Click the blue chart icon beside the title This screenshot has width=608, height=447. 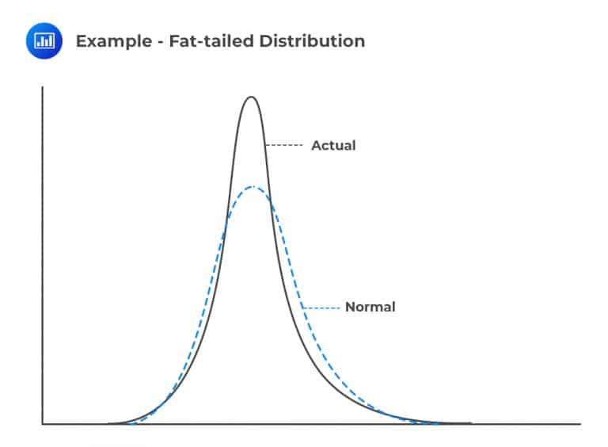pos(44,40)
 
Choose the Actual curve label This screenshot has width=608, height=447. pos(333,146)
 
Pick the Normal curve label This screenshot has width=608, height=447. pos(370,307)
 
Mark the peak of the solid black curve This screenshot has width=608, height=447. pos(251,97)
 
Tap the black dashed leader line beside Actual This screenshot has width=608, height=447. pos(286,146)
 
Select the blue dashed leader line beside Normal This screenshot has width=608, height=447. pos(321,307)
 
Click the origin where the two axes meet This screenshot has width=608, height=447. pos(42,424)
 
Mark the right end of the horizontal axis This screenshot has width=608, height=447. pos(579,424)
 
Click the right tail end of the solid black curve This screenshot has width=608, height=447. pos(470,423)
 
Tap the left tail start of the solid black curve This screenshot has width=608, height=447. pos(109,423)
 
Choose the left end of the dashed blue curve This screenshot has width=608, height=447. pos(127,423)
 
